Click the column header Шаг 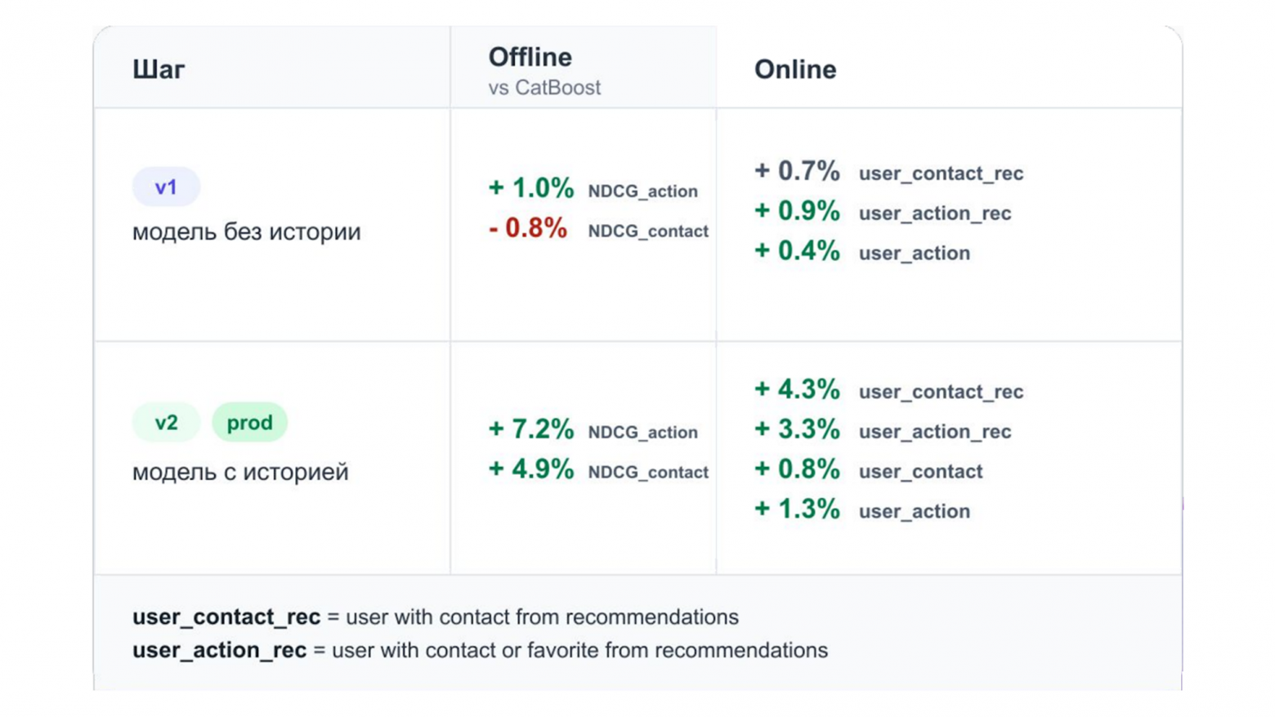click(x=159, y=69)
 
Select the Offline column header click(x=530, y=57)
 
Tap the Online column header click(x=795, y=69)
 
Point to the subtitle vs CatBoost click(x=544, y=87)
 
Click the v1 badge click(x=166, y=186)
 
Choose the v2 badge click(x=166, y=423)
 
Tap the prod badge click(x=249, y=423)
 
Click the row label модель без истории click(x=247, y=232)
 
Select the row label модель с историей click(x=240, y=472)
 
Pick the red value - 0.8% click(x=528, y=228)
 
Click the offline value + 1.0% click(x=531, y=188)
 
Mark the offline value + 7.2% click(x=531, y=429)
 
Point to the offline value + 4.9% click(x=531, y=468)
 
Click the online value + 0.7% click(x=797, y=171)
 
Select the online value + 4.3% click(x=797, y=389)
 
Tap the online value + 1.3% click(x=797, y=509)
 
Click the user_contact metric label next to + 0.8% click(x=920, y=472)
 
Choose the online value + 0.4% click(x=797, y=250)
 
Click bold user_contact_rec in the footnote click(x=226, y=617)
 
